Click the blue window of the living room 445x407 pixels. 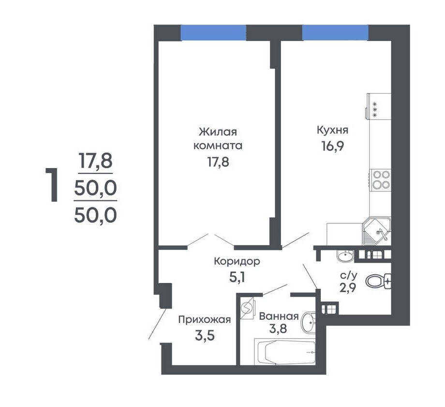(213, 32)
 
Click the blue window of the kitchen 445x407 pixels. (335, 32)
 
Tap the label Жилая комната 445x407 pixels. (218, 139)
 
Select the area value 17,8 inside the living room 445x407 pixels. (218, 162)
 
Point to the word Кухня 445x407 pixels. (333, 130)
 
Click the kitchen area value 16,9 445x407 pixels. (333, 146)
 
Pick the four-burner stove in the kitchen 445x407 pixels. (380, 180)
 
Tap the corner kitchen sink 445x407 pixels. (377, 231)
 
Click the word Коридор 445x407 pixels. (237, 262)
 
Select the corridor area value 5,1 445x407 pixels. (237, 277)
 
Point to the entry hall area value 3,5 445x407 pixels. (205, 336)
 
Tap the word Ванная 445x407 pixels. (279, 316)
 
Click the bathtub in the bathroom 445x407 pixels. (284, 352)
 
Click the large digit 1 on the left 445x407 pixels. (52, 185)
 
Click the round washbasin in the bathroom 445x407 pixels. (309, 322)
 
